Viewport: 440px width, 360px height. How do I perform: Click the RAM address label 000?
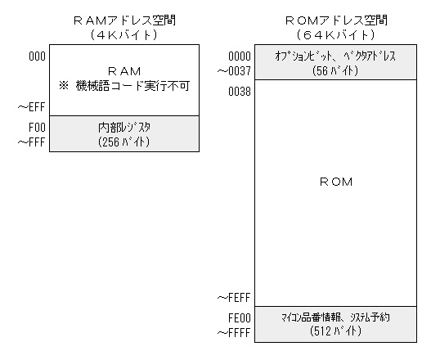[37, 56]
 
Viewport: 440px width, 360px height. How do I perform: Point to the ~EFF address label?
[31, 107]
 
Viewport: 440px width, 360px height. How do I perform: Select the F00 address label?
[37, 128]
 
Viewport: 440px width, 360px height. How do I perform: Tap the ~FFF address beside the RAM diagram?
[31, 142]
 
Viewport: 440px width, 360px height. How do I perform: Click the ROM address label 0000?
[240, 56]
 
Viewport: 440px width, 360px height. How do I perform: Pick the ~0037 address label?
[234, 71]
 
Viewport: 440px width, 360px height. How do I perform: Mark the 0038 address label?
[240, 92]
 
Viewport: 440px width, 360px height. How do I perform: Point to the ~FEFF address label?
[234, 298]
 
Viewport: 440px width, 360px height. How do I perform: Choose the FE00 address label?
[240, 318]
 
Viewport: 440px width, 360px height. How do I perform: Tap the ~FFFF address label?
[234, 333]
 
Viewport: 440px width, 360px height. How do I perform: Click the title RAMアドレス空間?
[124, 20]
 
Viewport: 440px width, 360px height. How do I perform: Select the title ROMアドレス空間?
[336, 20]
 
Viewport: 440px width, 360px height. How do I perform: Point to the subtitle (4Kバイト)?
[123, 35]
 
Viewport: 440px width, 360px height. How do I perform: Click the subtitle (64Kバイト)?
[335, 35]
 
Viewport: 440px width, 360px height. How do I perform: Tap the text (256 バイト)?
[123, 142]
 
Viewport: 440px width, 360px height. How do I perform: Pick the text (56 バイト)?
[335, 70]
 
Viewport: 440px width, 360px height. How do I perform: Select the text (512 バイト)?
[335, 331]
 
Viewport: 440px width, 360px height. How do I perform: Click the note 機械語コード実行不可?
[132, 86]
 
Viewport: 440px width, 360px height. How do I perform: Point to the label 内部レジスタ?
[124, 128]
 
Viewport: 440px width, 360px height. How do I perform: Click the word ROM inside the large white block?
[336, 182]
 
